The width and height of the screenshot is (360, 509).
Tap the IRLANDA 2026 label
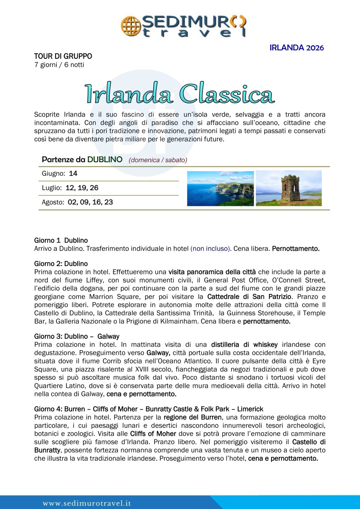coord(296,48)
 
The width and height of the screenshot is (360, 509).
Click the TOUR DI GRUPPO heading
coord(63,56)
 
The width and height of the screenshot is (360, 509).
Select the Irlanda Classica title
coord(180,94)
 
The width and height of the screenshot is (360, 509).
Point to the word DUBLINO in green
coord(105,160)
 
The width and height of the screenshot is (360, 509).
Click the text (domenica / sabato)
coord(158,160)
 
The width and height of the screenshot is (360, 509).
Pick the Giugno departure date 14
coord(73,174)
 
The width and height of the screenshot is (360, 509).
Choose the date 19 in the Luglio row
coord(82,188)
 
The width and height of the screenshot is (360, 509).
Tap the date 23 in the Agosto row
coord(108,202)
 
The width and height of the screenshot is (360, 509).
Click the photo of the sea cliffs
coord(220,188)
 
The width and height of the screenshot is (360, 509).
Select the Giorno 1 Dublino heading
coord(61,241)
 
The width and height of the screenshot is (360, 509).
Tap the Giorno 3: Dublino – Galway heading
coord(77,337)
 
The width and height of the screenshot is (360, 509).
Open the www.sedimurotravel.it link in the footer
coord(87,503)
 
